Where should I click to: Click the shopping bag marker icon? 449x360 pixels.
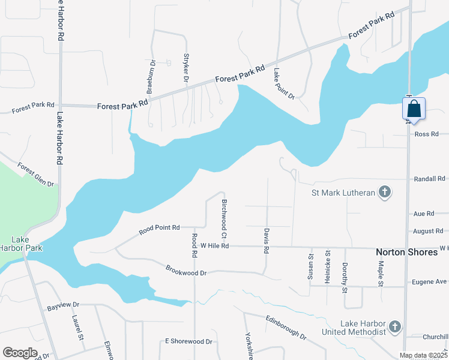click(x=414, y=109)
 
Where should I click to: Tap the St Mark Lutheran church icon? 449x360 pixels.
click(x=385, y=193)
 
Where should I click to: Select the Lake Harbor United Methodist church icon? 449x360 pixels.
click(x=394, y=327)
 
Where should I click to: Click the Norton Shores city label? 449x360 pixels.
click(x=406, y=252)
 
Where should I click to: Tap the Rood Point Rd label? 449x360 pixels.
click(x=160, y=228)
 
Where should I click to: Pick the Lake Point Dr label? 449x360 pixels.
click(x=284, y=83)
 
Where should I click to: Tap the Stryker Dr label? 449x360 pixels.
click(x=185, y=68)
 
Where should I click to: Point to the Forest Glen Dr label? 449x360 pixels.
click(x=35, y=175)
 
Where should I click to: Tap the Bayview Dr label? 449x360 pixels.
click(x=63, y=308)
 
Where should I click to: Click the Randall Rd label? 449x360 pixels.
click(x=430, y=179)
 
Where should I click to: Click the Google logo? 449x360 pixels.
click(x=20, y=353)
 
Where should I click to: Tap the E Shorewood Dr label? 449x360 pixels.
click(x=188, y=341)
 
